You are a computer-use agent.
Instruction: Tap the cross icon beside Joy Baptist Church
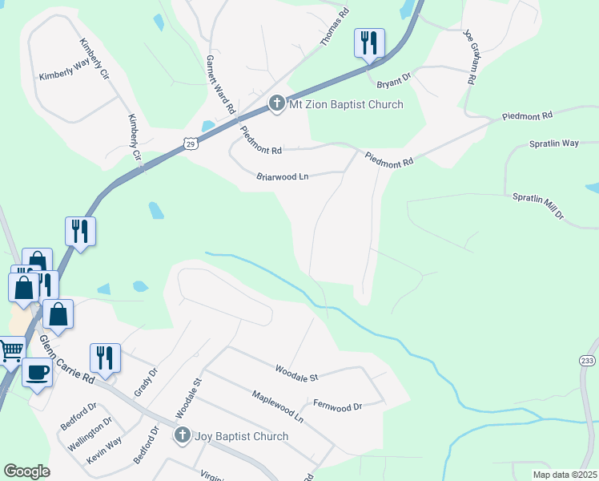point(183,436)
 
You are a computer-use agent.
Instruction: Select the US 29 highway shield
point(189,143)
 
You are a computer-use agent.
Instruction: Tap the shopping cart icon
point(10,350)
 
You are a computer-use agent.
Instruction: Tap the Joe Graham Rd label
point(470,58)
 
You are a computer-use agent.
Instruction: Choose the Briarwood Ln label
point(283,176)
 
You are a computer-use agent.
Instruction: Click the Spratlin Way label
point(553,143)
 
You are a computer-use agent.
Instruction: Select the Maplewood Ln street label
point(278,406)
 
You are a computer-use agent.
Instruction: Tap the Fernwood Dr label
point(337,407)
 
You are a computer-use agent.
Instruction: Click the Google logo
point(26,471)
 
